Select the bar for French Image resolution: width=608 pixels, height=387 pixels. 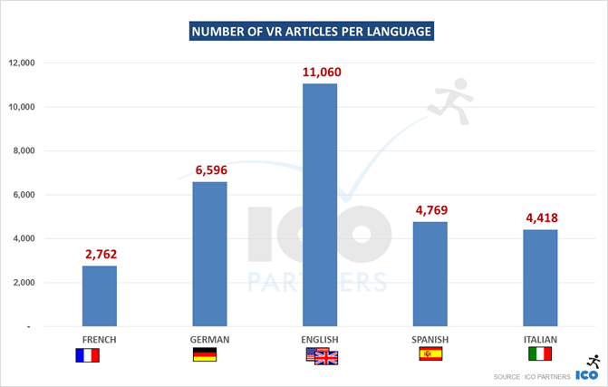100,295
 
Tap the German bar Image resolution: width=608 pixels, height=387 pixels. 210,254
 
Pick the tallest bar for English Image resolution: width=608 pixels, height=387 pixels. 320,205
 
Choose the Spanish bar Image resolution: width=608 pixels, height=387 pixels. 430,274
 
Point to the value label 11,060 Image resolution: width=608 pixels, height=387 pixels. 320,72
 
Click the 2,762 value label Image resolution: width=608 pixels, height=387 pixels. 100,254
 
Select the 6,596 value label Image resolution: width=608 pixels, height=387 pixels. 210,169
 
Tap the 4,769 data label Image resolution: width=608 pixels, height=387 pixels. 430,209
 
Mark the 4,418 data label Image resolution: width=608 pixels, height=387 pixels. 541,218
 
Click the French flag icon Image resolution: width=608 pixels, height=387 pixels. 88,355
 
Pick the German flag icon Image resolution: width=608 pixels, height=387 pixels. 205,354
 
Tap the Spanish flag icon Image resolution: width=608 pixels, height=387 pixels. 429,354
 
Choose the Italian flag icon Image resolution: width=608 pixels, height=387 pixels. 541,353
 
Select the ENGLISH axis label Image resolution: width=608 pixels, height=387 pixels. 320,340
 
